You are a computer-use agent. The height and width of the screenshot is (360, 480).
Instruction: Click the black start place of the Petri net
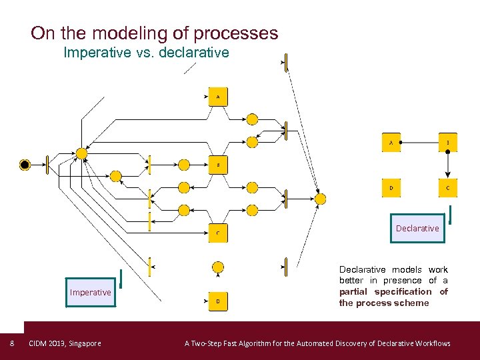pyautogui.click(x=25, y=164)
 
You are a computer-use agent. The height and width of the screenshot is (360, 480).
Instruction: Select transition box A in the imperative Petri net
pyautogui.click(x=218, y=97)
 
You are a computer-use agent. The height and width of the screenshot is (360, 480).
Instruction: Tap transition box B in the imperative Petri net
pyautogui.click(x=218, y=164)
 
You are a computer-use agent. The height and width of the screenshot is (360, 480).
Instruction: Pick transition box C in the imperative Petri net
pyautogui.click(x=218, y=233)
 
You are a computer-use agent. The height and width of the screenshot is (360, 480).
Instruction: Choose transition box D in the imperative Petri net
pyautogui.click(x=218, y=302)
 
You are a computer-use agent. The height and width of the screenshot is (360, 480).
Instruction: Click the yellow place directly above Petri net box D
pyautogui.click(x=218, y=267)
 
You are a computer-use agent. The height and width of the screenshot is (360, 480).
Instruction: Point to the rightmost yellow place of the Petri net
pyautogui.click(x=321, y=198)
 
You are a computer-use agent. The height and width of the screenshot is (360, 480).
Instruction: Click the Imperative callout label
pyautogui.click(x=91, y=292)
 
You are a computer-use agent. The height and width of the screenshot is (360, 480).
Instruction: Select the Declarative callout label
pyautogui.click(x=417, y=228)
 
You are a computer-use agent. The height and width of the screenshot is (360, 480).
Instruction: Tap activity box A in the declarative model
pyautogui.click(x=391, y=142)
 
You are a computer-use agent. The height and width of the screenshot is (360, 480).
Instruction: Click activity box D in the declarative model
pyautogui.click(x=391, y=189)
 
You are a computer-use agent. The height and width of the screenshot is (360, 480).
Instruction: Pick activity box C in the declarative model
pyautogui.click(x=448, y=189)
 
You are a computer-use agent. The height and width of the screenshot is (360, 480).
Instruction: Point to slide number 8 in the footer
pyautogui.click(x=12, y=343)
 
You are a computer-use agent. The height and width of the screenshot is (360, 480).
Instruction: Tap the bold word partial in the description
pyautogui.click(x=354, y=291)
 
